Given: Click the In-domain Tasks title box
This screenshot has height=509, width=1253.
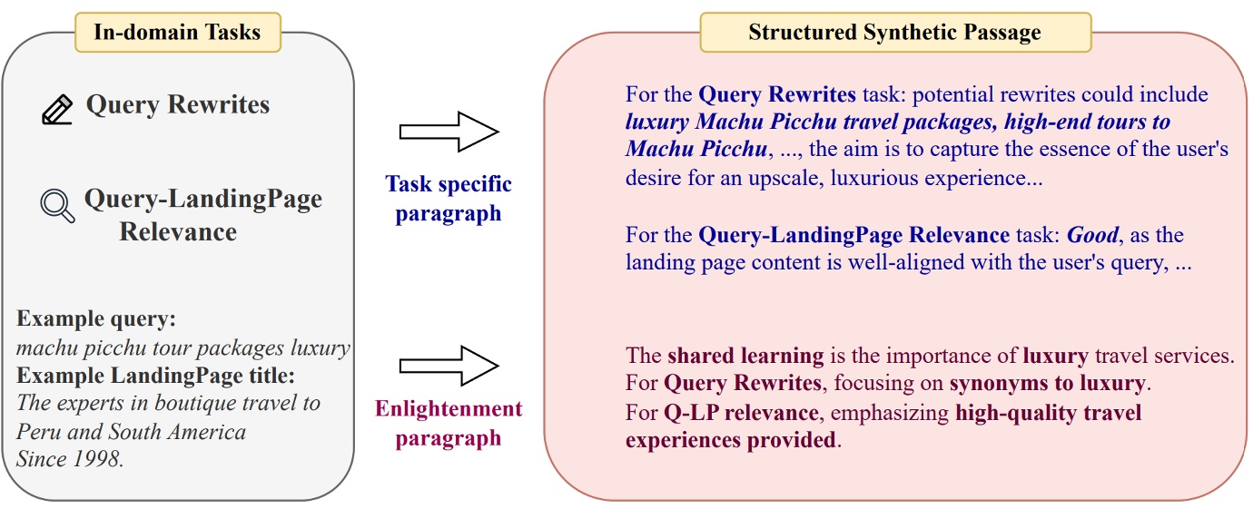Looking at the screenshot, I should tap(177, 33).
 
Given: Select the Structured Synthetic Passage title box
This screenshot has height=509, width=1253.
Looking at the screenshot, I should tap(894, 33).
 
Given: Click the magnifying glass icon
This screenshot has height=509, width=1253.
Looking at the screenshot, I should tap(58, 205).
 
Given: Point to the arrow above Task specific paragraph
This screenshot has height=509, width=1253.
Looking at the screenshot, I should tap(449, 132).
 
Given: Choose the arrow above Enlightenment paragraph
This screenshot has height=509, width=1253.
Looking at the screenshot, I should tap(449, 366).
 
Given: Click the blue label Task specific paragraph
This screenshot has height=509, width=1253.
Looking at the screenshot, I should tap(449, 199).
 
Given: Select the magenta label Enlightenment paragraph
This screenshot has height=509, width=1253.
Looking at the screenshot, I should tap(449, 423).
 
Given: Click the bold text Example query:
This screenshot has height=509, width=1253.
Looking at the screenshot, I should tap(96, 319).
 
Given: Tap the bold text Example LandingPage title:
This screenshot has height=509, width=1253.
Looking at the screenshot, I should tap(156, 375).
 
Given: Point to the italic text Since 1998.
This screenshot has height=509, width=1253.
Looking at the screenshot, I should tap(70, 458).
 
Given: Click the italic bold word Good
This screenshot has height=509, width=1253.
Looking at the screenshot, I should tap(1093, 236).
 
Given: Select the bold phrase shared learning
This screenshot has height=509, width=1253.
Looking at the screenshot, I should tap(745, 356).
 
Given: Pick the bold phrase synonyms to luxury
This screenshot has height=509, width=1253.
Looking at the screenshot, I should tap(1049, 384).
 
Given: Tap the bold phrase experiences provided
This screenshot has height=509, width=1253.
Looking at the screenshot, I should tap(730, 441).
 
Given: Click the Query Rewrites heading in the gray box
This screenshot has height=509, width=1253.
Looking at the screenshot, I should tap(178, 105).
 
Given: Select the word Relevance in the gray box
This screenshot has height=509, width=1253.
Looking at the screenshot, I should tap(178, 232).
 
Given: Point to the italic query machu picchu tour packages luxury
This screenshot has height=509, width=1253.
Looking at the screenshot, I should tap(183, 347).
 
